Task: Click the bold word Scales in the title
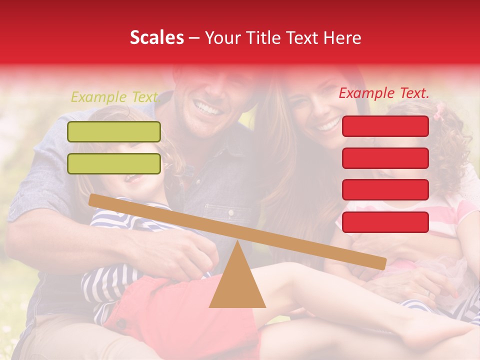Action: pyautogui.click(x=156, y=37)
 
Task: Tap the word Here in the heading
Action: pyautogui.click(x=342, y=37)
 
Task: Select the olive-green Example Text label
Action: pyautogui.click(x=114, y=97)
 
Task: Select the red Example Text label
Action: pyautogui.click(x=384, y=93)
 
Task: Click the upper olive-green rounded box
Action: pyautogui.click(x=114, y=131)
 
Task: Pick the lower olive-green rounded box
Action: pyautogui.click(x=114, y=163)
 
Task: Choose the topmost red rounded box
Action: pyautogui.click(x=385, y=126)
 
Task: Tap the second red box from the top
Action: pyautogui.click(x=385, y=158)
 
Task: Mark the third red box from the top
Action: pyautogui.click(x=385, y=189)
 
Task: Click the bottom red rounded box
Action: pyautogui.click(x=385, y=222)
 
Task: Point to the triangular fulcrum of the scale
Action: pyautogui.click(x=237, y=280)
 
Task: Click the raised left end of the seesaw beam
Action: pyautogui.click(x=95, y=200)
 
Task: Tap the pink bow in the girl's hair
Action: pyautogui.click(x=439, y=111)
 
